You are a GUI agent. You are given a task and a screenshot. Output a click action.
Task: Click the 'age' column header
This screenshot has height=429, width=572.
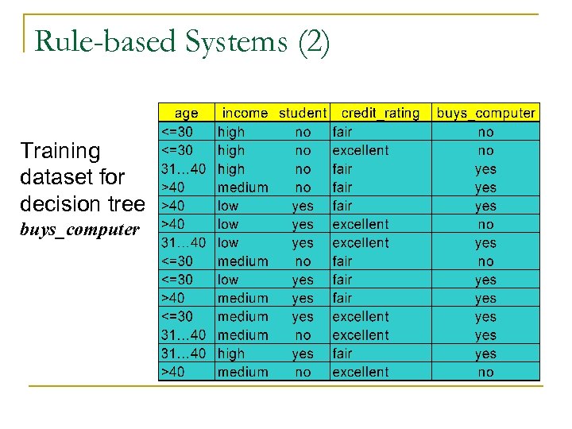tap(187, 113)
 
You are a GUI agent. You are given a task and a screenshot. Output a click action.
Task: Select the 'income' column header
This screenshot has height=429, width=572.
tap(245, 113)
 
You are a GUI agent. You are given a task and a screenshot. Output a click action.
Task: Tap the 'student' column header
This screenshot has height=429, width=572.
tap(302, 113)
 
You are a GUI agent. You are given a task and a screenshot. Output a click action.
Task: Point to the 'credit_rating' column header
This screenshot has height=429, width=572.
tap(380, 113)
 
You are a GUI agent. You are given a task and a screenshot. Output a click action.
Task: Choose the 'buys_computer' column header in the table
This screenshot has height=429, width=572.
tap(485, 113)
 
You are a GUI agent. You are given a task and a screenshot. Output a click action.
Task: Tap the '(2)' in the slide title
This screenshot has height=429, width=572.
tap(313, 42)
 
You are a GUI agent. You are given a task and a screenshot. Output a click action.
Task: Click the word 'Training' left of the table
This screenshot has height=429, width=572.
tap(60, 151)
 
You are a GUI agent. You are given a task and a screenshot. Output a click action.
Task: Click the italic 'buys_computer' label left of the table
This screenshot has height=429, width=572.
tap(79, 230)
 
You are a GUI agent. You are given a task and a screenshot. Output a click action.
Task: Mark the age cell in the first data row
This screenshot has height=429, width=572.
tap(180, 132)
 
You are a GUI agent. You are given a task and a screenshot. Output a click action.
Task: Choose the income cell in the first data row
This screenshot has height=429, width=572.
tap(231, 132)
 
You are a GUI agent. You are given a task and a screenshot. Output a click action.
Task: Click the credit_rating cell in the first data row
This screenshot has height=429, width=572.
tap(342, 132)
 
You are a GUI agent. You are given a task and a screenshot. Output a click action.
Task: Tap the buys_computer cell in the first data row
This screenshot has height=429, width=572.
tap(485, 132)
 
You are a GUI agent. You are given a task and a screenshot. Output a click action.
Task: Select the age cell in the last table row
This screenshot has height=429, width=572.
tap(175, 372)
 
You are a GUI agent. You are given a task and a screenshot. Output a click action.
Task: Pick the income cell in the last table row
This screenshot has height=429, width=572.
tap(243, 372)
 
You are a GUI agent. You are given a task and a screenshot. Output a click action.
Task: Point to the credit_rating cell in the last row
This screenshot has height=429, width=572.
tap(361, 372)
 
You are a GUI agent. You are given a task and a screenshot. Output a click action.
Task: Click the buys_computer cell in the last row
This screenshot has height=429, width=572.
tap(485, 372)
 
